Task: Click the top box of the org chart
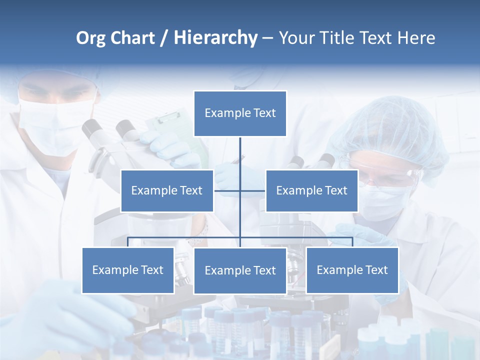(240, 113)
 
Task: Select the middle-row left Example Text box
(167, 190)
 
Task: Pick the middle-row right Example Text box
(311, 190)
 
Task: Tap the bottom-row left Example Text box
(128, 270)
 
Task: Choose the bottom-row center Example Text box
(240, 270)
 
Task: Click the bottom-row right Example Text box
(352, 270)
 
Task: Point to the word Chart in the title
(132, 38)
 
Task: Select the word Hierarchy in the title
(215, 38)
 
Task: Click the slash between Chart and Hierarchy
(164, 38)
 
